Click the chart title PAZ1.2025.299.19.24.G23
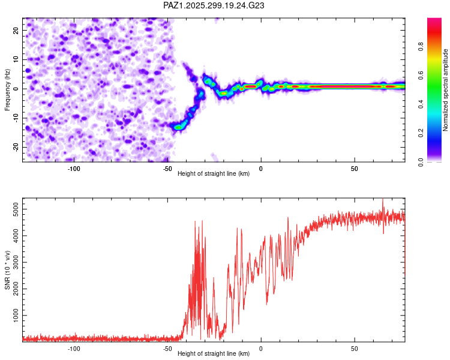[214, 6]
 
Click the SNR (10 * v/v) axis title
[7, 270]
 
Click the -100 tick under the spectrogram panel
[74, 169]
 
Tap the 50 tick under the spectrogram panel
[355, 169]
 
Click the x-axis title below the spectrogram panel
[214, 175]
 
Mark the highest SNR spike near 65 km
[383, 200]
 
